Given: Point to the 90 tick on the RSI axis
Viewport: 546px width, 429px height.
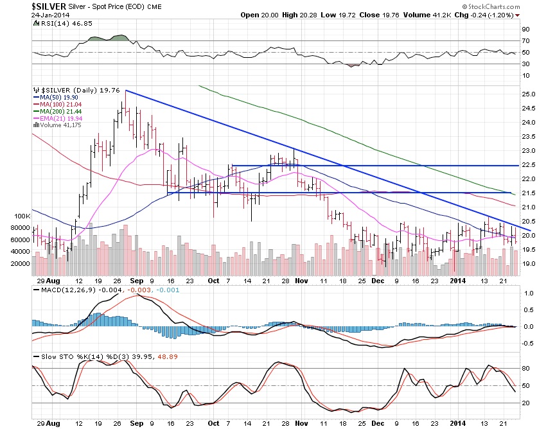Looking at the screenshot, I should click(525, 30).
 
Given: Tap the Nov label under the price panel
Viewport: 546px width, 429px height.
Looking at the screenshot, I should click(301, 281).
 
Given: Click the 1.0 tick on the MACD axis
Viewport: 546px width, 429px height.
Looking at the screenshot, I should click(525, 293).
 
